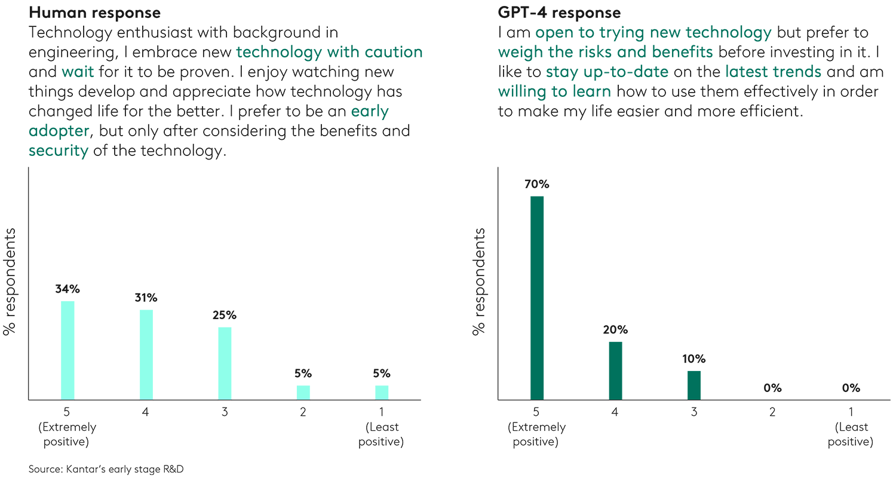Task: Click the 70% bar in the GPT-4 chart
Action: point(537,298)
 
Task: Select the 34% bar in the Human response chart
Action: point(67,350)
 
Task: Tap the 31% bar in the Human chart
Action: point(146,354)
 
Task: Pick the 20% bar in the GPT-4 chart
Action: point(615,370)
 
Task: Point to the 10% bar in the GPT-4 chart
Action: point(694,385)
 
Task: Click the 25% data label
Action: point(225,315)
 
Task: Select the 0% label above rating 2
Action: point(772,388)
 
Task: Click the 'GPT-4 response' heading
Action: point(559,12)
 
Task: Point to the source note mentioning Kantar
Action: point(106,469)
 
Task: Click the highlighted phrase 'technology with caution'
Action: point(329,52)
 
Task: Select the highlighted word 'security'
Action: point(58,151)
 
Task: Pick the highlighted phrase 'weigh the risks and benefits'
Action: point(605,52)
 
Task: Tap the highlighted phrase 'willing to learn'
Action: point(554,91)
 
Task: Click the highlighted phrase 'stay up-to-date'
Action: point(609,72)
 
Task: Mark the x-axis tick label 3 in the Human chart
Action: point(225,412)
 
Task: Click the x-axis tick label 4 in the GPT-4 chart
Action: point(615,412)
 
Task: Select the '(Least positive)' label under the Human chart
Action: point(382,435)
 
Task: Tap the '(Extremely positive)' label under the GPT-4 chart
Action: point(537,435)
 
